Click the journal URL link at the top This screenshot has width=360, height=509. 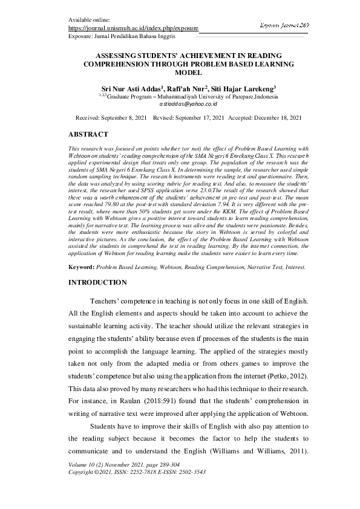133,28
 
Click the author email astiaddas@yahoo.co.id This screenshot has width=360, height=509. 180,104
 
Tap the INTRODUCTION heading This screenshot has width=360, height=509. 98,282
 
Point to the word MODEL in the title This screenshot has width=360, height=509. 180,71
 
